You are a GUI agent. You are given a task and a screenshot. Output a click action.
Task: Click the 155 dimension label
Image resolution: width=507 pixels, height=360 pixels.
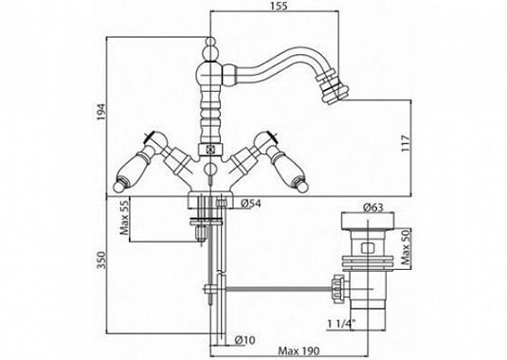pyautogui.click(x=280, y=7)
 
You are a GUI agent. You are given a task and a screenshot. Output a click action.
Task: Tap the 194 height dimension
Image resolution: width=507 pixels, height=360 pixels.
pyautogui.click(x=101, y=112)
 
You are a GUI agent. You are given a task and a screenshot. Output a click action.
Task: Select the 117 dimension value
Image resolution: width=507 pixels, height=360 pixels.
pyautogui.click(x=406, y=143)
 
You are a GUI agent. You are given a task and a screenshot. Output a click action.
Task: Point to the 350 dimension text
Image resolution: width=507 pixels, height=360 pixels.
pyautogui.click(x=101, y=260)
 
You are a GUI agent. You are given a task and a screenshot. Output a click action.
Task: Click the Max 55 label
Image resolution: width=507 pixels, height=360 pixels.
pyautogui.click(x=124, y=216)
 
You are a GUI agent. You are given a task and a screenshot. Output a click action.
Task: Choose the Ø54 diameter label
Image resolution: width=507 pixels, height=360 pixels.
pyautogui.click(x=251, y=204)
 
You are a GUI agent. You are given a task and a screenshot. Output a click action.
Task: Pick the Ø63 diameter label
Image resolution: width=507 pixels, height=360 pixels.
pyautogui.click(x=373, y=207)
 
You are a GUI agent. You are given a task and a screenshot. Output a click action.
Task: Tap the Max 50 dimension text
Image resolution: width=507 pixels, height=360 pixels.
pyautogui.click(x=406, y=247)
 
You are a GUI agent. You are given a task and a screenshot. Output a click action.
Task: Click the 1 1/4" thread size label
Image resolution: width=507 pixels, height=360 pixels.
pyautogui.click(x=341, y=323)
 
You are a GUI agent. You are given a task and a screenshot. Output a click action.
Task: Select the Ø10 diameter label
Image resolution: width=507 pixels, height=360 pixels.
pyautogui.click(x=245, y=340)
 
